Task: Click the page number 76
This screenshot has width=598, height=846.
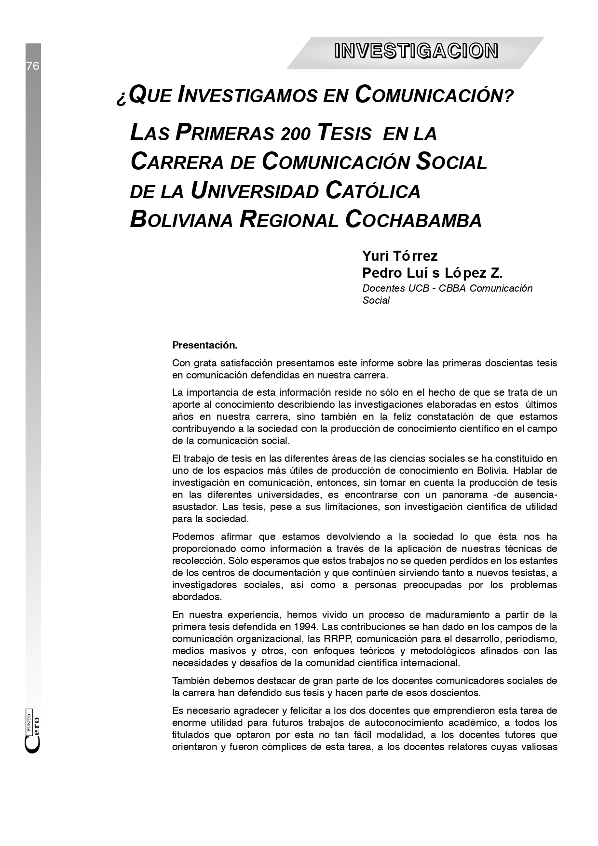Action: click(33, 66)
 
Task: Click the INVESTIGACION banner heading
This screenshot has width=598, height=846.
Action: click(416, 51)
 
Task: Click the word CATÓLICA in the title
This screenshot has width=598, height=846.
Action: click(373, 190)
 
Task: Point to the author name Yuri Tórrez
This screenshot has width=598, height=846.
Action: click(400, 255)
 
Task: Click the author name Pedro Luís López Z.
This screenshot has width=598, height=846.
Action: click(432, 273)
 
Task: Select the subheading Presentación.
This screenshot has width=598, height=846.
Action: click(204, 346)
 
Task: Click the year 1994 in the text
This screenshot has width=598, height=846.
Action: click(306, 627)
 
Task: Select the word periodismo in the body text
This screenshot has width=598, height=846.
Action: click(532, 639)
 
